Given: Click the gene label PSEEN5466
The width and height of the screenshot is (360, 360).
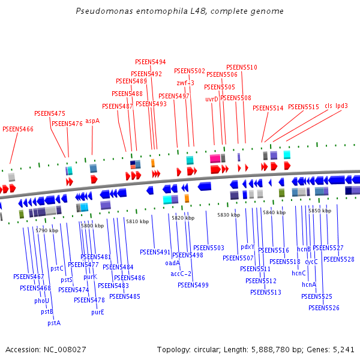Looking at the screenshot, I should tap(18, 129).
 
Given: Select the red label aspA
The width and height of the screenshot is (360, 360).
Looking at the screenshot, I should tap(92, 121).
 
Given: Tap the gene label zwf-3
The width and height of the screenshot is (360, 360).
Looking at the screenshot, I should tap(185, 83).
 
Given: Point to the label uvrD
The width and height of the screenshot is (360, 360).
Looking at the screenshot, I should tap(212, 99).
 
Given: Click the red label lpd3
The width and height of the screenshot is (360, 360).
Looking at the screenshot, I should tap(341, 106).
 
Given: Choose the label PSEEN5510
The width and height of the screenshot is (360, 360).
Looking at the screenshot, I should tap(241, 67).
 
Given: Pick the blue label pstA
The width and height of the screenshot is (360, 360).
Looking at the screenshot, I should tap(54, 322).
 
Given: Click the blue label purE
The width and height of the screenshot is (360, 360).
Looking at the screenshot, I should tap(98, 312).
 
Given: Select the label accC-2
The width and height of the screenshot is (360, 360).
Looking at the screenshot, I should tap(181, 274).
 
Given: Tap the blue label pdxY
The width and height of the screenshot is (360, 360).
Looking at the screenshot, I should tap(247, 247).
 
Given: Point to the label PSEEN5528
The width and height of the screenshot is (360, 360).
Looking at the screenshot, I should tap(338, 259).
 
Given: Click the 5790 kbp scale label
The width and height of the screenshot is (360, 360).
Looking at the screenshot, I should tap(47, 230).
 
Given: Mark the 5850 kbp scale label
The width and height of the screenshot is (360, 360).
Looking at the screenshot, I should tap(320, 211).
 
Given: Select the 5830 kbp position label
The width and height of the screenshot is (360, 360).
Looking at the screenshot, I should tap(228, 215).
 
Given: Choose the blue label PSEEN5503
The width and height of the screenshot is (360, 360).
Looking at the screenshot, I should tap(208, 248).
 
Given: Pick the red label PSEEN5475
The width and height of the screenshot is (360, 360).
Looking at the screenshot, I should tap(50, 113).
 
